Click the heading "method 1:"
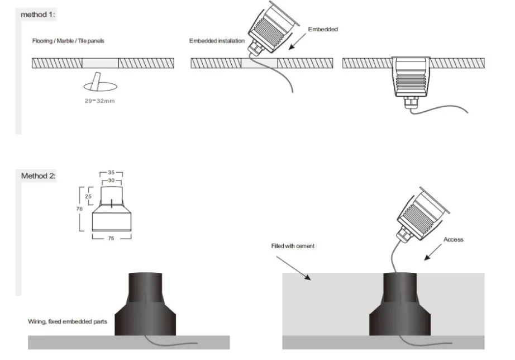(x=38, y=15)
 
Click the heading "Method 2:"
(x=39, y=176)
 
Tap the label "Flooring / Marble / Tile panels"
(x=68, y=41)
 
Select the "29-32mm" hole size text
(x=99, y=101)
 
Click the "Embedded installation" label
(x=217, y=41)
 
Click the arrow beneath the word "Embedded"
(x=297, y=41)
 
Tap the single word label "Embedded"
(x=323, y=29)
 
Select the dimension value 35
(x=111, y=172)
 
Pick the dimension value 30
(x=111, y=180)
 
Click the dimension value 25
(x=88, y=196)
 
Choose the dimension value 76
(x=79, y=209)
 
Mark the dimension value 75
(x=111, y=238)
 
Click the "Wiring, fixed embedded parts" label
(x=68, y=321)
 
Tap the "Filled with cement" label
(x=293, y=246)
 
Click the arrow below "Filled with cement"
(x=293, y=268)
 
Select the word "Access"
(x=453, y=239)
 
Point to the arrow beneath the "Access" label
(x=433, y=252)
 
